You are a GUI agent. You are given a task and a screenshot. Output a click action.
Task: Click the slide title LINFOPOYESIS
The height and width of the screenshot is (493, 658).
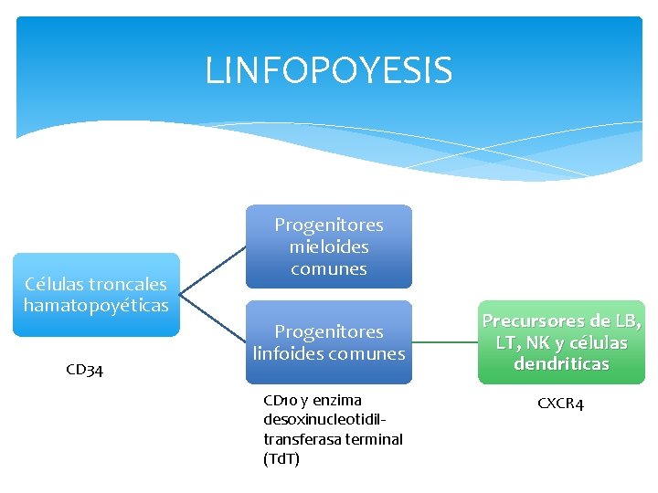coord(329,70)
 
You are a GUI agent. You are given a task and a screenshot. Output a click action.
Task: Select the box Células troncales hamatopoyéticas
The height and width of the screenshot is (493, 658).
coord(96,295)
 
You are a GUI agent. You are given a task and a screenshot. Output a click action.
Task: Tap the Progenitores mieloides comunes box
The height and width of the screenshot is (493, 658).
coord(329,246)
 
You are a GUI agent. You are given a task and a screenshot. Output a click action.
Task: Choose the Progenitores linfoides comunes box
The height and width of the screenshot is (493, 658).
coord(329,341)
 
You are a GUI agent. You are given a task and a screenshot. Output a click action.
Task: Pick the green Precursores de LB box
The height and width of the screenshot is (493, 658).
coord(561,342)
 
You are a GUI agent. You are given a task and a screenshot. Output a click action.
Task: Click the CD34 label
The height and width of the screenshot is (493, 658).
coord(85,370)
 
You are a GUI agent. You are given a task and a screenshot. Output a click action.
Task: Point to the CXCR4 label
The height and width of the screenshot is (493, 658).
coord(560,403)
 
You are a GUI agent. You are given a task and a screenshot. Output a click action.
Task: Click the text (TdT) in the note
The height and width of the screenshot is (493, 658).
coord(281,459)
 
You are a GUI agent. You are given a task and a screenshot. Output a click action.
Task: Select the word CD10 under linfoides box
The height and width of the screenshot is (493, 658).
coord(280,400)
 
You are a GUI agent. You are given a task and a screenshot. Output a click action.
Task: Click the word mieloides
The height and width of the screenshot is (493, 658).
coord(329,246)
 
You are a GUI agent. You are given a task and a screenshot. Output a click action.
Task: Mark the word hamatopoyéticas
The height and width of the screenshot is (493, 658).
coord(96,306)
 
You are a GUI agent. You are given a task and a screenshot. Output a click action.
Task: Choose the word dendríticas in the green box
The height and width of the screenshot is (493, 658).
coord(561,364)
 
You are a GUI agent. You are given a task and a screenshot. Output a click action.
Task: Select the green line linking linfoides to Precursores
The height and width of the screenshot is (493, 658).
coord(444,342)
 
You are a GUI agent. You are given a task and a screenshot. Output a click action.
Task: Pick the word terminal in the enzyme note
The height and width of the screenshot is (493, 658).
coord(371,439)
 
